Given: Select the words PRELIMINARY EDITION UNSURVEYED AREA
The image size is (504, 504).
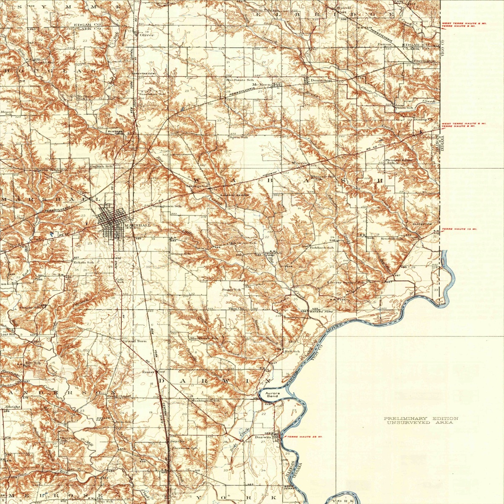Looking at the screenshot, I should (x=421, y=420).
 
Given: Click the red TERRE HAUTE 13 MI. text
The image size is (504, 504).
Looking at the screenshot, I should (x=459, y=229).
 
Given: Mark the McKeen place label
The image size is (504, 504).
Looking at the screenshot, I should (x=260, y=84).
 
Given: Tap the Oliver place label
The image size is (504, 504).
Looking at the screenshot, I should (x=147, y=35).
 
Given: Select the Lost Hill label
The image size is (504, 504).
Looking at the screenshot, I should (x=8, y=335).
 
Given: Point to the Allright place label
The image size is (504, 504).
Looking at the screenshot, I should (x=13, y=407).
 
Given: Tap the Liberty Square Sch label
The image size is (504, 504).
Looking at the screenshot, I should (x=346, y=283).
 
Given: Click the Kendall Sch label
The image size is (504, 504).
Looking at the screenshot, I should (x=392, y=239).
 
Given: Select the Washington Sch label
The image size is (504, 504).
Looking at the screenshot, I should (x=205, y=401).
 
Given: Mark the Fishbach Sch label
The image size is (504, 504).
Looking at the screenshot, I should (x=322, y=248).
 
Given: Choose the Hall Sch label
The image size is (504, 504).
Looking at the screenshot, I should (x=292, y=351).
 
